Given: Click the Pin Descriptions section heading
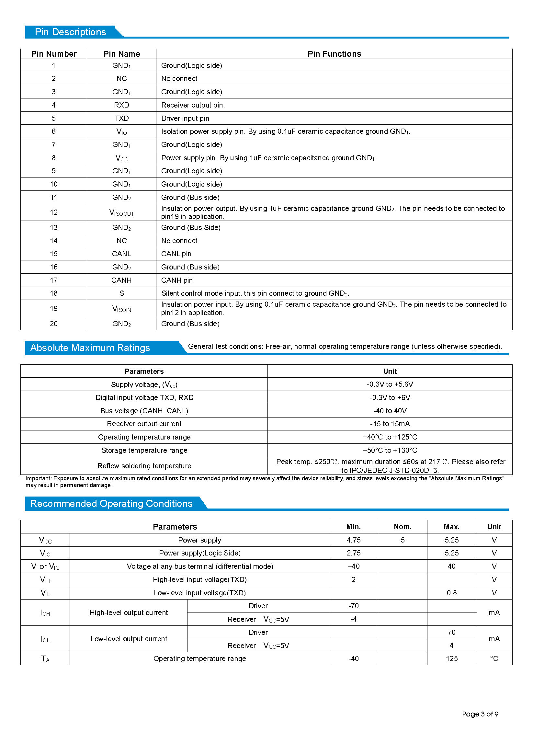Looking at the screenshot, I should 70,32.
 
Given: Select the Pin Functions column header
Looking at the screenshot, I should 334,54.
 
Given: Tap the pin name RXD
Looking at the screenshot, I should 121,105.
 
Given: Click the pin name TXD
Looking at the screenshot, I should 121,118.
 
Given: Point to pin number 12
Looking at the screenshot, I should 54,212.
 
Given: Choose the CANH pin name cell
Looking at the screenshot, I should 121,280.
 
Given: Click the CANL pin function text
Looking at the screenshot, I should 176,254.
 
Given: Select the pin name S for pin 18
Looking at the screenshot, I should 121,293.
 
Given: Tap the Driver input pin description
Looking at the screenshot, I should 185,118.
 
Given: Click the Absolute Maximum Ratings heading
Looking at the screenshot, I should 90,348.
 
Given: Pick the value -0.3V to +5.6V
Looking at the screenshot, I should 390,384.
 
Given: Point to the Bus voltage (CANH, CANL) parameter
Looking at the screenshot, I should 144,411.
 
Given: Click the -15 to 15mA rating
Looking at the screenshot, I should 390,424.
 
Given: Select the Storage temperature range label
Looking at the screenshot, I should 144,451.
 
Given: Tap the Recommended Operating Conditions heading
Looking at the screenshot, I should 111,504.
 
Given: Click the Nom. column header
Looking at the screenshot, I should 403,527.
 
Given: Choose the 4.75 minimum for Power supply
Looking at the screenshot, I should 354,540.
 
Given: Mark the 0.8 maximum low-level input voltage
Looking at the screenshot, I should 451,593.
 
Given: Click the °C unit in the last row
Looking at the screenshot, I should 494,659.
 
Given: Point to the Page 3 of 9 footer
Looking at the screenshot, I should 480,714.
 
